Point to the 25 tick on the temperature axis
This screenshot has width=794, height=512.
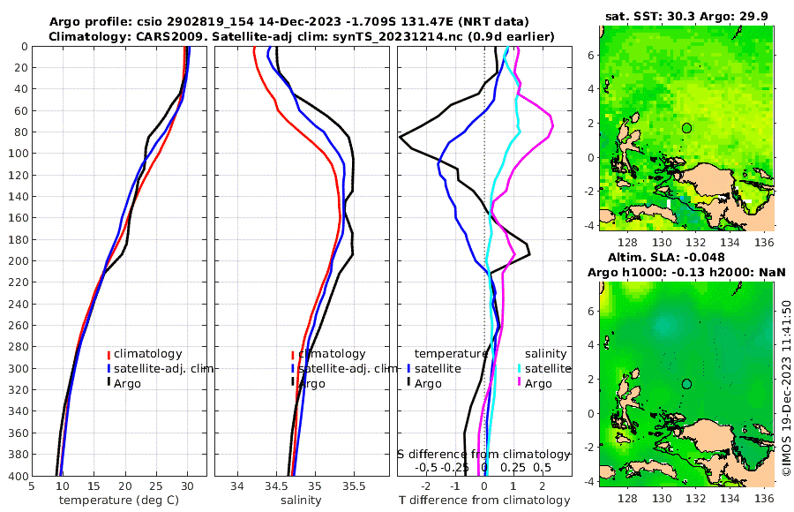[156, 486]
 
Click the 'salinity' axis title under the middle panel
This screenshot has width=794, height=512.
[300, 501]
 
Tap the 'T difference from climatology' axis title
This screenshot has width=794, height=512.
[484, 501]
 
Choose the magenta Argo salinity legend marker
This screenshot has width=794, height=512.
[520, 383]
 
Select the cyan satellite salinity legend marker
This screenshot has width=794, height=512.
[520, 368]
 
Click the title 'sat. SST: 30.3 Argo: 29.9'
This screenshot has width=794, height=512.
[687, 17]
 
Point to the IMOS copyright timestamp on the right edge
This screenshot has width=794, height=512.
[785, 388]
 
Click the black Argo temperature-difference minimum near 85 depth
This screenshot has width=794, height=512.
[401, 137]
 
